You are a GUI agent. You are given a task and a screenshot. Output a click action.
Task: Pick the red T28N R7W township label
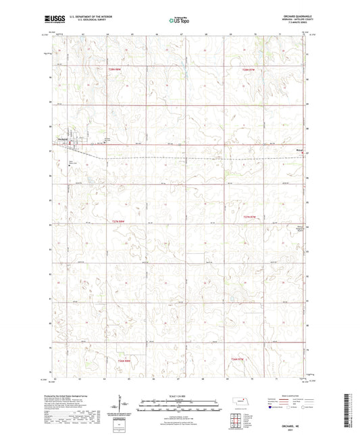(x=250, y=68)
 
